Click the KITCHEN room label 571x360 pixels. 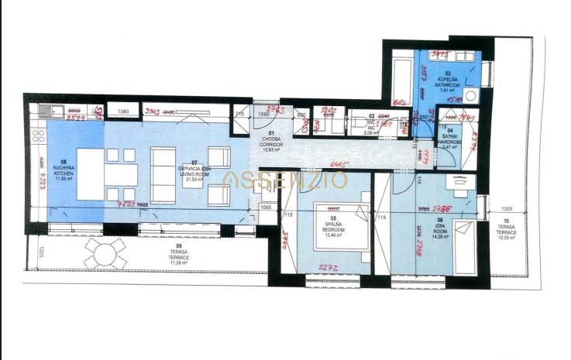(x=64, y=172)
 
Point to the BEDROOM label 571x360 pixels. (x=335, y=231)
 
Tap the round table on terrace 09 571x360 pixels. (x=105, y=252)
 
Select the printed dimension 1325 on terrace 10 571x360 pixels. (x=507, y=209)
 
